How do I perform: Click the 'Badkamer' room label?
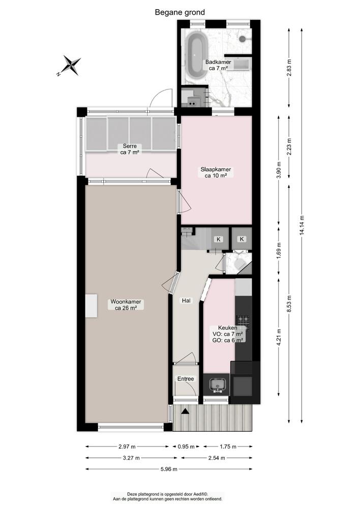pyautogui.click(x=218, y=62)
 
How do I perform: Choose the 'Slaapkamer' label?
pyautogui.click(x=216, y=169)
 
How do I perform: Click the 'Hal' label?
pyautogui.click(x=187, y=301)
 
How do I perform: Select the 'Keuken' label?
pyautogui.click(x=228, y=328)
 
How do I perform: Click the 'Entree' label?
pyautogui.click(x=185, y=379)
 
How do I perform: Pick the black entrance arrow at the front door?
pyautogui.click(x=185, y=412)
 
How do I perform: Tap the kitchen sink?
pyautogui.click(x=218, y=385)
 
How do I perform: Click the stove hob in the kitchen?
pyautogui.click(x=244, y=321)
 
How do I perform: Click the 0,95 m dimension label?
pyautogui.click(x=186, y=447)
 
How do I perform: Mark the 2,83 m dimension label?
pyautogui.click(x=289, y=67)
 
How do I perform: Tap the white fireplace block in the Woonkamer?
pyautogui.click(x=91, y=306)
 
